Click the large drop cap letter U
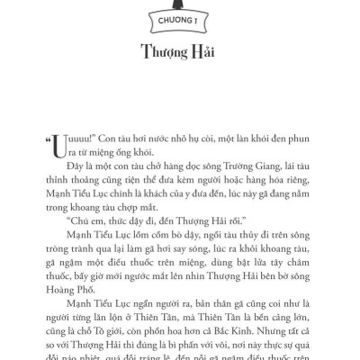[x=58, y=146]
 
